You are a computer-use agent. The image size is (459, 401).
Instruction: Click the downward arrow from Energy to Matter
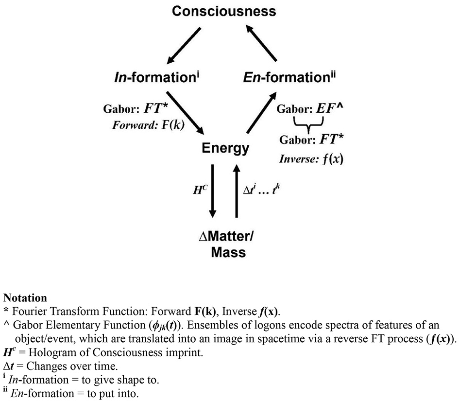pos(213,191)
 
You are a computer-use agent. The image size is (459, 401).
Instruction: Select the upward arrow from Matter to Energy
pos(237,191)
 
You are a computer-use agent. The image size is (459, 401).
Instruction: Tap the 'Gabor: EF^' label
pos(311,108)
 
